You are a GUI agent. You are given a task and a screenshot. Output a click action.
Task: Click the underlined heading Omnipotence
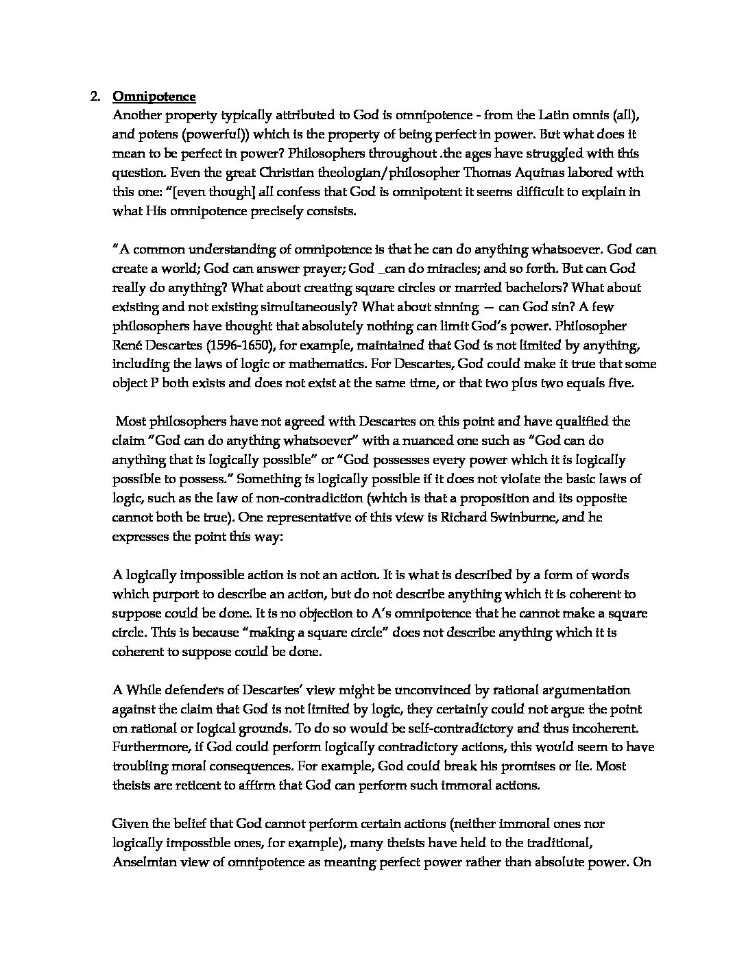pos(154,96)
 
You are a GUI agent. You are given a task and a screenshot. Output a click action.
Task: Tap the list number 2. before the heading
pos(96,96)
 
